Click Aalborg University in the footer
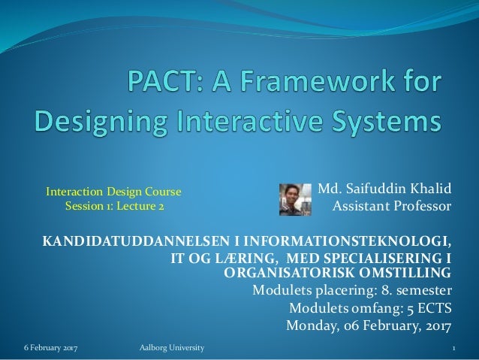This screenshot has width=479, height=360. click(x=171, y=349)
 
